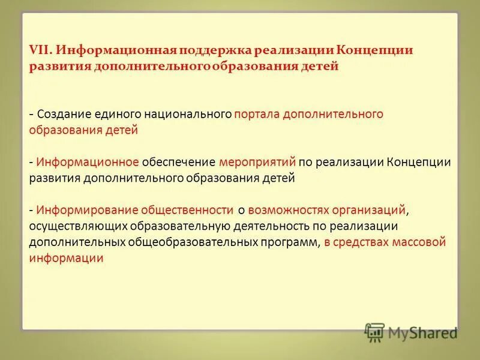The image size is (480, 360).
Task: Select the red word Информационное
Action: tap(88, 162)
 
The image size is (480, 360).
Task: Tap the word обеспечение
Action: tap(179, 162)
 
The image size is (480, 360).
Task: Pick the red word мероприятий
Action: tap(258, 162)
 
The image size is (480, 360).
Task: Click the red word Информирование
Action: tap(88, 210)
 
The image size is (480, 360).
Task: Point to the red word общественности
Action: tap(187, 210)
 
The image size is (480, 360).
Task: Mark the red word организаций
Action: tap(368, 210)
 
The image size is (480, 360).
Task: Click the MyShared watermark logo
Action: tap(410, 332)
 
